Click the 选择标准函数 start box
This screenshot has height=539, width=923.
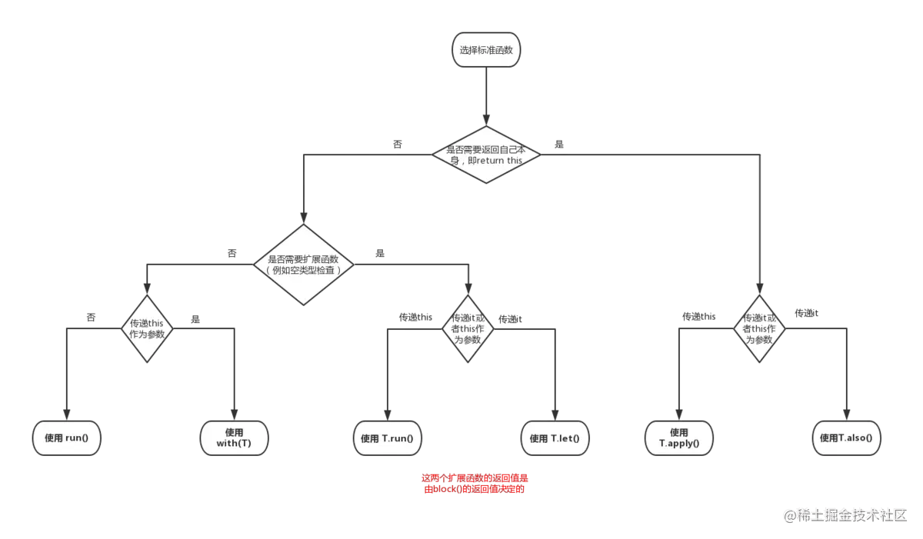click(485, 49)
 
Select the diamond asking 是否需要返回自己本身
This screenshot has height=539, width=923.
click(485, 155)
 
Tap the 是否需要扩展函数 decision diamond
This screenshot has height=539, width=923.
click(303, 264)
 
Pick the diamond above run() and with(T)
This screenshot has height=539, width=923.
click(145, 328)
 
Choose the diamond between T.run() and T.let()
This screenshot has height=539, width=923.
click(466, 328)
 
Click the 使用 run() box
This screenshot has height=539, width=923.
click(67, 438)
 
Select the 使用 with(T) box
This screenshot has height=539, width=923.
click(235, 438)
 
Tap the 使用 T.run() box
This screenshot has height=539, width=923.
click(388, 438)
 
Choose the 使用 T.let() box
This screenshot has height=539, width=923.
click(555, 438)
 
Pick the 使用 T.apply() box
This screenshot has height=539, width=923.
click(679, 438)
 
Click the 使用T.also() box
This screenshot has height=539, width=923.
click(846, 438)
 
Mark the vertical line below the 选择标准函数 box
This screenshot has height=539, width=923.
click(485, 96)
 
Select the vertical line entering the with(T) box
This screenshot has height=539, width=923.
click(234, 377)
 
